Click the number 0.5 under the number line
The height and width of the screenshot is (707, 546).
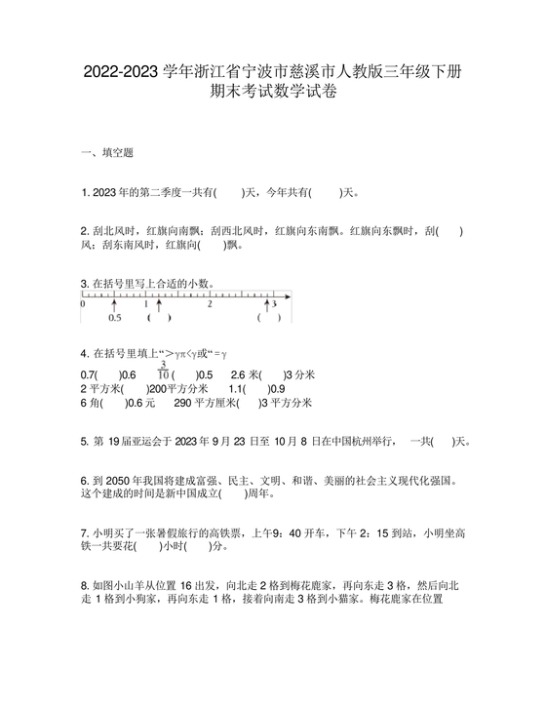114,318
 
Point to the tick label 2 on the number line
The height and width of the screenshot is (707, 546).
209,304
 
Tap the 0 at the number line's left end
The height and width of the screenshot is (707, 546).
83,304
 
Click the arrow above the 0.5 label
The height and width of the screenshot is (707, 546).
114,304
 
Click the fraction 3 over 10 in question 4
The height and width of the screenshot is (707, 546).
164,370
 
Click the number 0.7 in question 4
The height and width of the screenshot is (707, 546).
90,374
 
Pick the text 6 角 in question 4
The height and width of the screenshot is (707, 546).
90,402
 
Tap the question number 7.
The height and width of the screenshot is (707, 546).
85,533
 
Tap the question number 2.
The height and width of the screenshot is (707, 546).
85,231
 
